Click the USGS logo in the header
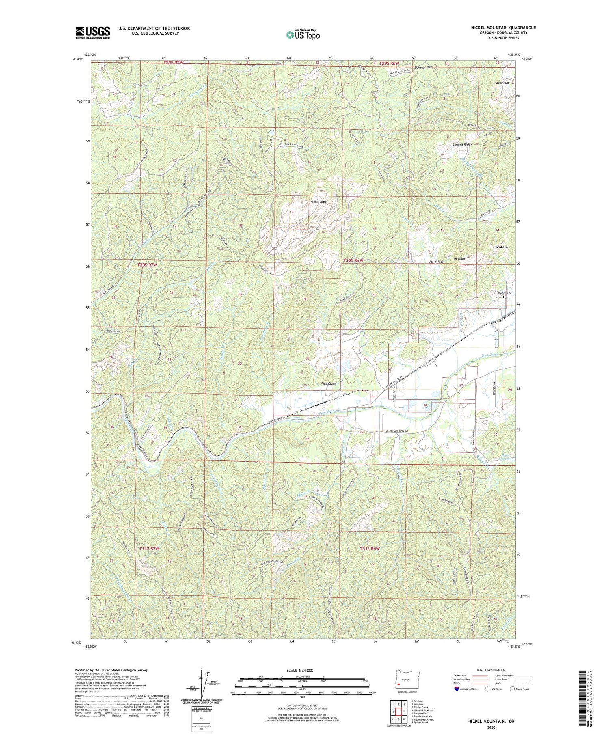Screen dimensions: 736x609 tap(93, 32)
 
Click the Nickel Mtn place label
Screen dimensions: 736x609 tap(318, 201)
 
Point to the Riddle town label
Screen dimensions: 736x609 tap(502, 247)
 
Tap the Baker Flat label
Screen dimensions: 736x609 tap(501, 83)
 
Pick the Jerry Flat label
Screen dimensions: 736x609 tap(436, 262)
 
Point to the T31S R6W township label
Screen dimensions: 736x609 tap(369, 548)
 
